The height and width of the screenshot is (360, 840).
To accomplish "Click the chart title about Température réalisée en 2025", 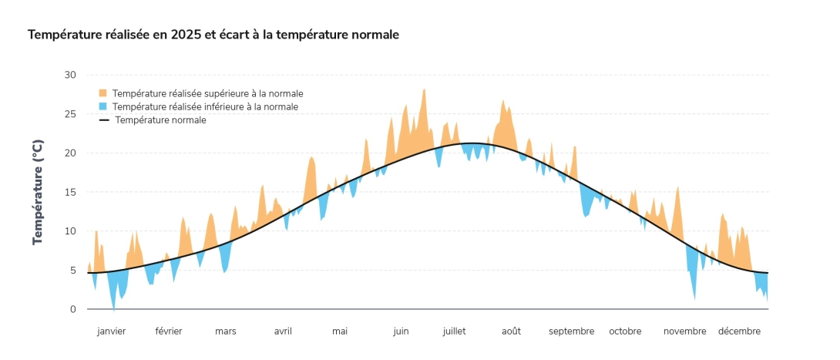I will (x=213, y=35).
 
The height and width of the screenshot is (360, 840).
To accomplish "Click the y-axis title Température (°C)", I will (x=38, y=192).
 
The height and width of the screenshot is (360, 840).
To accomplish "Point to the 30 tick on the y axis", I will (x=70, y=75).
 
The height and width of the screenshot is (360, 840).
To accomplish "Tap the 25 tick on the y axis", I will (x=70, y=114).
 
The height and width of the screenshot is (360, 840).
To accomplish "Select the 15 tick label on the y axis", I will (x=70, y=192).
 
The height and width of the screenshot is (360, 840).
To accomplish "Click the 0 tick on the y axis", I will (x=72, y=309).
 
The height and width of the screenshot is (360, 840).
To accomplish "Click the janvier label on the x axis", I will (x=111, y=331).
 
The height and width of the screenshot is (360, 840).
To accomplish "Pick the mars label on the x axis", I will (x=226, y=331).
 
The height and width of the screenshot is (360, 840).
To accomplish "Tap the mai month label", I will (x=340, y=331).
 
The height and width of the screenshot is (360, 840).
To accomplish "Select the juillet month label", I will (x=454, y=331).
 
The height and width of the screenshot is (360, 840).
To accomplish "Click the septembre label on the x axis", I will (x=571, y=331).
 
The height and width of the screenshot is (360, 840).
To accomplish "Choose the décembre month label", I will (x=739, y=331).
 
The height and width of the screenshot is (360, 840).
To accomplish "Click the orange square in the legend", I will (x=102, y=93).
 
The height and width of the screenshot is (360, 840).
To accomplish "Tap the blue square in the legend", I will (x=102, y=106).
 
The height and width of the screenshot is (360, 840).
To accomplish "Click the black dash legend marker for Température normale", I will (x=102, y=120).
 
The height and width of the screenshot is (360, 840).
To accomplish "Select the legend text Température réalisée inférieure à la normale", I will (x=205, y=106).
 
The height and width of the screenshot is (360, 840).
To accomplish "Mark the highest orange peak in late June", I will (x=424, y=90).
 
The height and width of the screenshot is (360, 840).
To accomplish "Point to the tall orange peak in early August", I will (x=503, y=101).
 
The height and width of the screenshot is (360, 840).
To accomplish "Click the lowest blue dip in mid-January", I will (x=114, y=308).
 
